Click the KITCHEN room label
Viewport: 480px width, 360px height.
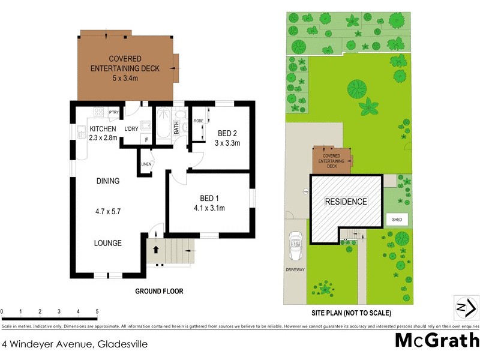[x=102, y=129]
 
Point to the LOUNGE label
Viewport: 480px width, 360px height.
[x=108, y=243]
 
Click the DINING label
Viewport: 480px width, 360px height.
[x=108, y=181]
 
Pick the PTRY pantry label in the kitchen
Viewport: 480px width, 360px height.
[x=113, y=112]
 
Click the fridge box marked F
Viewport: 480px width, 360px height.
[x=144, y=139]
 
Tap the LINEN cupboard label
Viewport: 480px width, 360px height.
[x=146, y=164]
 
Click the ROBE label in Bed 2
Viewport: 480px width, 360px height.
[x=198, y=121]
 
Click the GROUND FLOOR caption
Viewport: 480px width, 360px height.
[x=159, y=291]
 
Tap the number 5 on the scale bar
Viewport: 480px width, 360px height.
[x=97, y=311]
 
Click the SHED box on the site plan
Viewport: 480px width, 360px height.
[x=397, y=220]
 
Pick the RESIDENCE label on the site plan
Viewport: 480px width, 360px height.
[x=346, y=202]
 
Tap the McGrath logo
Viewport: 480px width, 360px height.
[x=436, y=340]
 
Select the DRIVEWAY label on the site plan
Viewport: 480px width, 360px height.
[x=296, y=270]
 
